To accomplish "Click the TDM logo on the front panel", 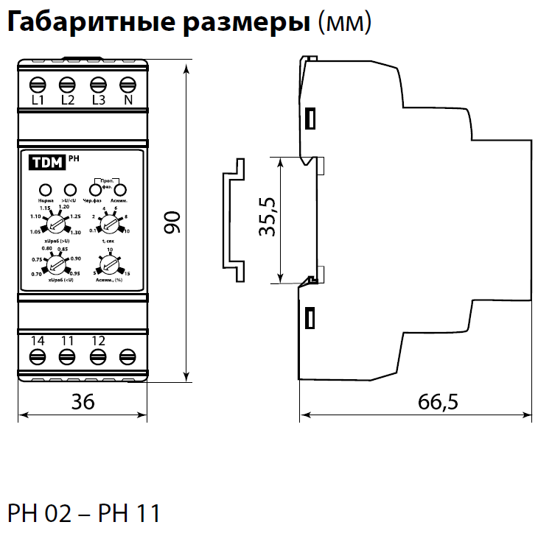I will tap(46, 163).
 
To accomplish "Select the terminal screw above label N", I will tap(127, 82).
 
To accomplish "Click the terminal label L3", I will tap(97, 100).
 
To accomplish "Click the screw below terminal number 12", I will tap(97, 358).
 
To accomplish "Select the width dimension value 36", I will tap(83, 401).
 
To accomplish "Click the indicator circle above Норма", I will tap(45, 190).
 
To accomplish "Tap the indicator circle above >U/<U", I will tap(70, 190).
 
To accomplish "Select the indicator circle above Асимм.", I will tap(119, 189).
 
